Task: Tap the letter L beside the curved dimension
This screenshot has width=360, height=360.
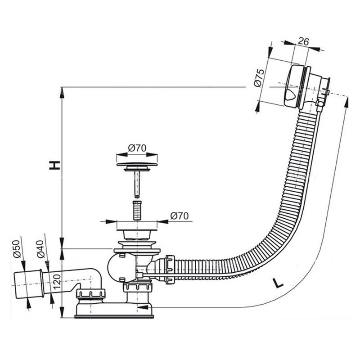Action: coord(279,283)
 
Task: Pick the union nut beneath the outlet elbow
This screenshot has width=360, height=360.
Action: coord(90,295)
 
